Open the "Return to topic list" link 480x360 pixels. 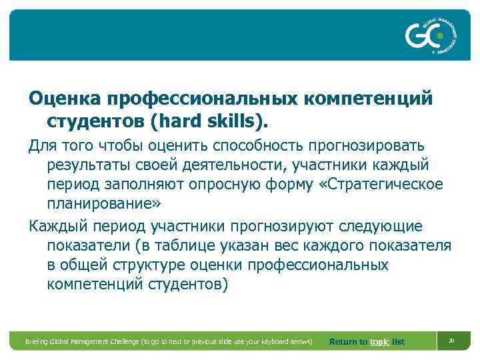367,341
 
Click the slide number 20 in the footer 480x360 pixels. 451,341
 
